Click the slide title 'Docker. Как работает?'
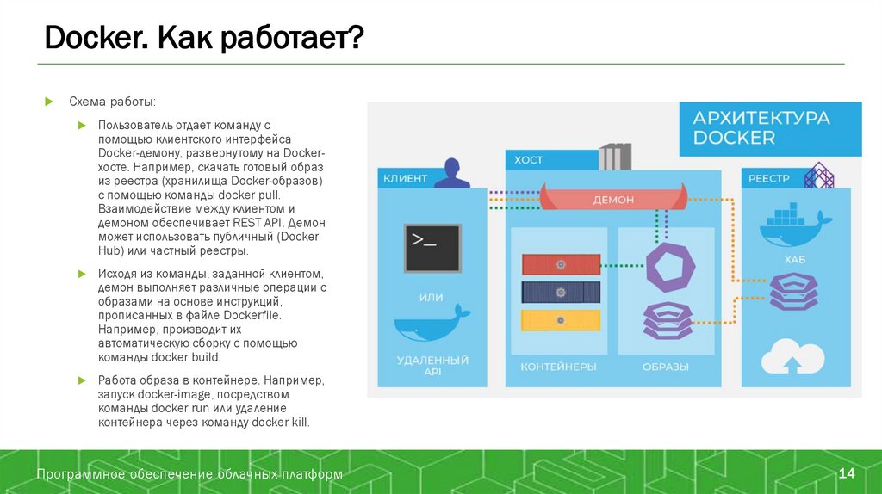tap(204, 39)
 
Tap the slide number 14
tap(847, 474)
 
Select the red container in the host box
tap(560, 264)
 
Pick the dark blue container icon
tap(560, 292)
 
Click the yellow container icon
tap(560, 320)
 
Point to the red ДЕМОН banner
tap(613, 199)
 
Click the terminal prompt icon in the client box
tap(432, 248)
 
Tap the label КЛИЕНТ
tap(405, 178)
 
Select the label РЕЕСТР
tap(768, 178)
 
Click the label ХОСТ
tap(529, 160)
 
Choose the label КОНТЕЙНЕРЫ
tap(558, 367)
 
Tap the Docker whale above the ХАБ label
tap(793, 228)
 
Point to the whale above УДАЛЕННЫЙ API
tap(432, 326)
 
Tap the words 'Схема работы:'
tap(113, 102)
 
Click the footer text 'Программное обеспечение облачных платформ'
tap(189, 474)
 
